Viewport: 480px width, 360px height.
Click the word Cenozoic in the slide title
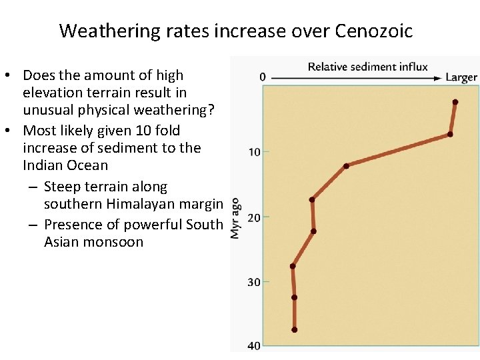tap(374, 31)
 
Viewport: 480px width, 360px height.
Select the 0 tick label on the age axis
tap(262, 77)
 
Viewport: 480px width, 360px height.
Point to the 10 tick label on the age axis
tap(255, 152)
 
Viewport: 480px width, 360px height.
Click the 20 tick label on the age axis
tap(255, 217)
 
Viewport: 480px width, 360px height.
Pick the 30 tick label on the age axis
tap(255, 282)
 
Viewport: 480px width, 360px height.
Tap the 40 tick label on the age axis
tap(255, 345)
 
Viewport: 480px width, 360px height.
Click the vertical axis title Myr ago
tap(235, 218)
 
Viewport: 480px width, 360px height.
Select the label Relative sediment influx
tap(367, 67)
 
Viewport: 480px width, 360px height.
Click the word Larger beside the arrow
tap(461, 77)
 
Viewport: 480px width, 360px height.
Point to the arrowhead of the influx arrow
tap(438, 78)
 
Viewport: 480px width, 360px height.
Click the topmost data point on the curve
tap(455, 102)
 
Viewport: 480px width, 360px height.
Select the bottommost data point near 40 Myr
tap(294, 329)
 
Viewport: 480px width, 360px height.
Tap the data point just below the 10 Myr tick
tap(346, 166)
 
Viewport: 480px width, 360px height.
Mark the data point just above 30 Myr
tap(293, 266)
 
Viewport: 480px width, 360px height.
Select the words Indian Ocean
tap(65, 165)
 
